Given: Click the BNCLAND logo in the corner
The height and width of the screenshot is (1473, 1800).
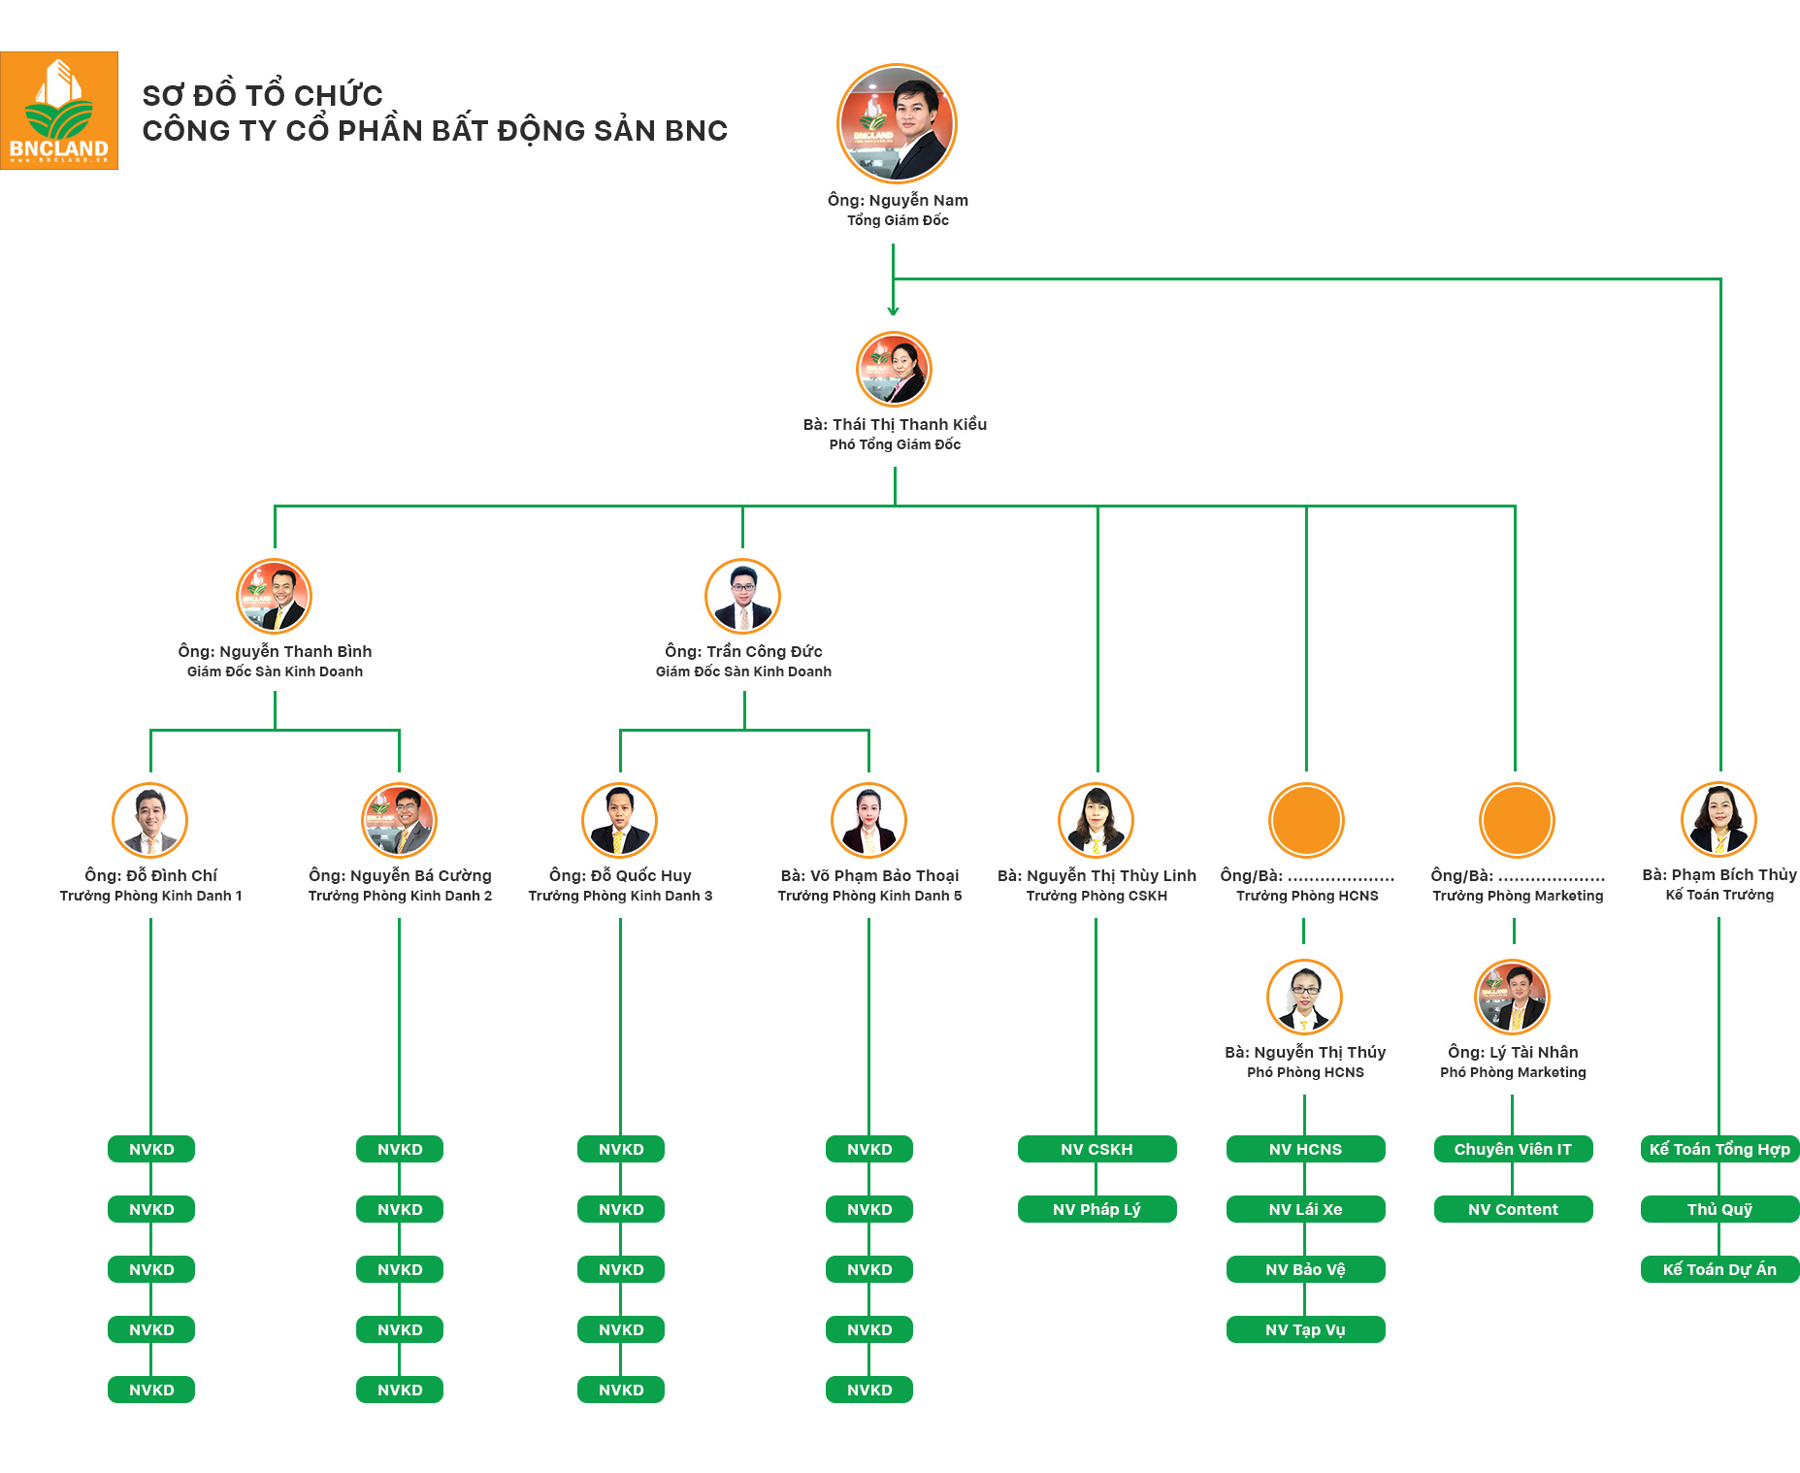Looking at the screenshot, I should click(59, 111).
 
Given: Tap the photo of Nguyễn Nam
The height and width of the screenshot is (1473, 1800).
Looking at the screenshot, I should click(897, 123).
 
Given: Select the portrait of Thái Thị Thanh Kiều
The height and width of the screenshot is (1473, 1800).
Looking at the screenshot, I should click(894, 370).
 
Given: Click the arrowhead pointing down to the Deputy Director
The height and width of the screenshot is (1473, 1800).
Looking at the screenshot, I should click(893, 311).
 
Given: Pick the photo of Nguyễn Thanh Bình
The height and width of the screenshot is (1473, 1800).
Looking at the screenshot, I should click(275, 597).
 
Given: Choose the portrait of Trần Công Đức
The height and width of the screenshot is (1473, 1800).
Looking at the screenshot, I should click(743, 597).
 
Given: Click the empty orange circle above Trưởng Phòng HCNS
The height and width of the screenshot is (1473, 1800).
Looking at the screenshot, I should click(1306, 821).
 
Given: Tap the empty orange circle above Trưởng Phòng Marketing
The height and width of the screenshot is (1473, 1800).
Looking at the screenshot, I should click(1517, 821).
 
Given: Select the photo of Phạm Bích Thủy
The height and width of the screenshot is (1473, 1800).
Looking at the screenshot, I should click(1718, 820).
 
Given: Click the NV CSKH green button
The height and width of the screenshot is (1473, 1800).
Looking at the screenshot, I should click(1096, 1149).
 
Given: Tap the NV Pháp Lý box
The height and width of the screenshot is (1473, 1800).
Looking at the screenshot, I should click(1096, 1209).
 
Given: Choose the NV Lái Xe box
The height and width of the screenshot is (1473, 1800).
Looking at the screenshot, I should click(1305, 1209).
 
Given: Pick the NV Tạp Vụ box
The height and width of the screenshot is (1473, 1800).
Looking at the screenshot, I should click(1305, 1329).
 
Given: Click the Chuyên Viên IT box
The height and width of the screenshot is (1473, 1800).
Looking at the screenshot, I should click(1513, 1149).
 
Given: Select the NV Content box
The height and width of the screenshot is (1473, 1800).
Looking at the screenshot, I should click(1513, 1209).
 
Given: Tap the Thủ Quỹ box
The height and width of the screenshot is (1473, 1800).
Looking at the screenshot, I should click(1719, 1209).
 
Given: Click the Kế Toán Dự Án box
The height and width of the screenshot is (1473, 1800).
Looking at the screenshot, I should click(1719, 1269).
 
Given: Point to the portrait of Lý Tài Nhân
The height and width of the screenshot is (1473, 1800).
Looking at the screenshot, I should click(1512, 998).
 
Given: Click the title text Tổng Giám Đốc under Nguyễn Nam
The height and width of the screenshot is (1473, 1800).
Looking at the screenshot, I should click(898, 220).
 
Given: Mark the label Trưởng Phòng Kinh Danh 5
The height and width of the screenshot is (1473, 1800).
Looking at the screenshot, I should click(869, 896).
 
